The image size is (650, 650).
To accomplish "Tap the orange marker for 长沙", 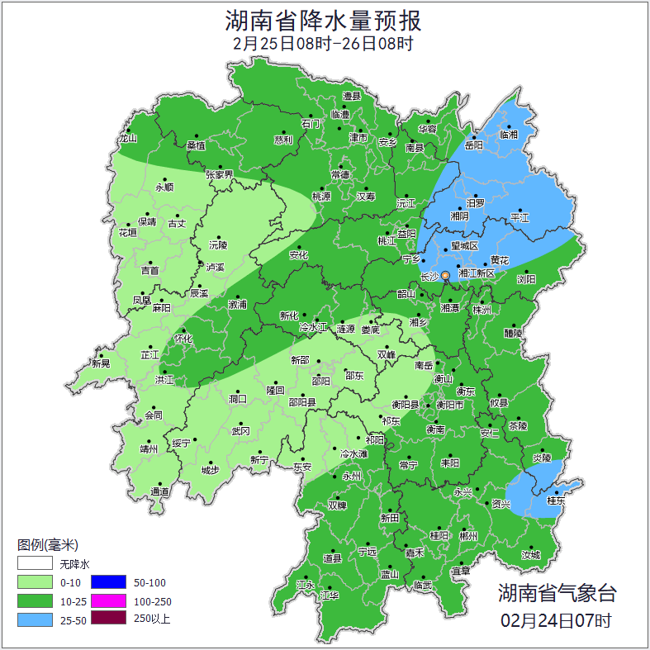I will pyautogui.click(x=446, y=275).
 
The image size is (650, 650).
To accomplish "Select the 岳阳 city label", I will pyautogui.click(x=473, y=145).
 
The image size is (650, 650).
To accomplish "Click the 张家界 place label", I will pyautogui.click(x=220, y=175).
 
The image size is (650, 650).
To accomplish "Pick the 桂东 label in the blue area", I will pyautogui.click(x=557, y=501).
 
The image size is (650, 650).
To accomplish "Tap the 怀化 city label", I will pyautogui.click(x=183, y=339).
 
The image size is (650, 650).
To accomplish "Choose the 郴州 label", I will pyautogui.click(x=468, y=535).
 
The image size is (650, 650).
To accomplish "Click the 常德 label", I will pyautogui.click(x=340, y=174).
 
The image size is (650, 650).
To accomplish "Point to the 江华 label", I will pyautogui.click(x=330, y=595).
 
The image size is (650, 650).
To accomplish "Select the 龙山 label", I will pyautogui.click(x=127, y=139).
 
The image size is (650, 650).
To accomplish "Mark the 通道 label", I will pyautogui.click(x=159, y=492).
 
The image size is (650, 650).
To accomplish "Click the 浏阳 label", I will pyautogui.click(x=526, y=279).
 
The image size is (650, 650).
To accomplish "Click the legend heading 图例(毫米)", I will pyautogui.click(x=47, y=545).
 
